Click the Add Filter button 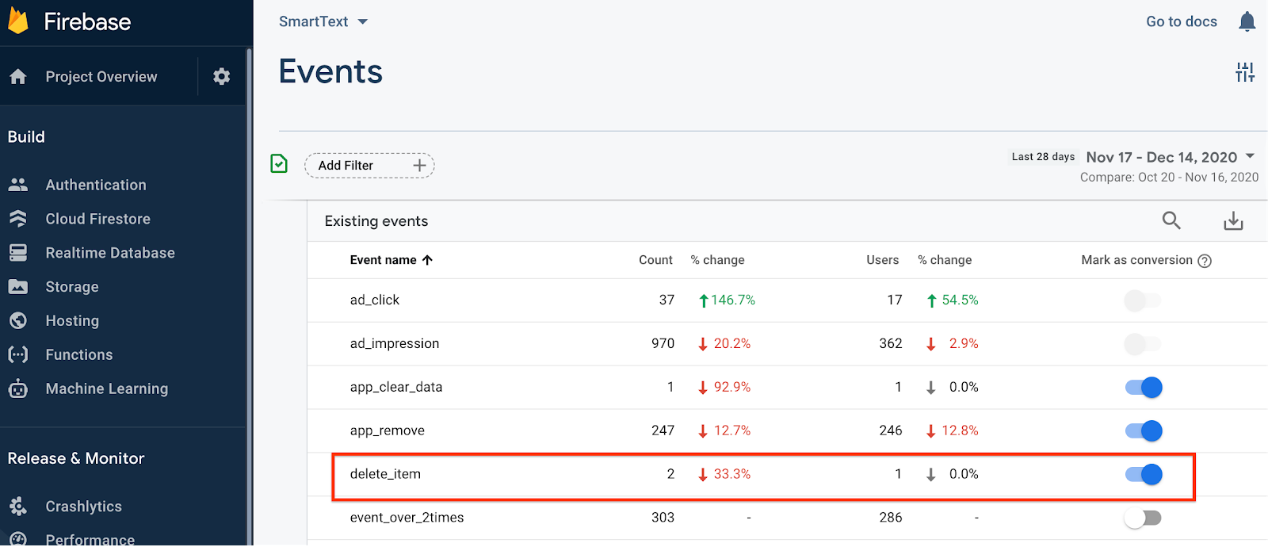[x=369, y=166]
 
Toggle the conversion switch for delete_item [x=1144, y=474]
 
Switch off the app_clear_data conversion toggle [x=1144, y=387]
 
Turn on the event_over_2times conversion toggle [x=1142, y=518]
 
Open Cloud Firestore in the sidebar [x=97, y=219]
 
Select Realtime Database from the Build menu [x=109, y=253]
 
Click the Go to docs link [x=1181, y=21]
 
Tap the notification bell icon [x=1247, y=21]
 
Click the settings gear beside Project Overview [x=222, y=76]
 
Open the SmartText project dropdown [x=323, y=21]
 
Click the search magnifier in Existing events [x=1171, y=220]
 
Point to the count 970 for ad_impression [x=663, y=343]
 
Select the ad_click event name [x=375, y=300]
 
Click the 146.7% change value [x=732, y=300]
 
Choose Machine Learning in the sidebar [x=106, y=388]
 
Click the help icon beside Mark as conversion [x=1205, y=261]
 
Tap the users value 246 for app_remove [x=890, y=430]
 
